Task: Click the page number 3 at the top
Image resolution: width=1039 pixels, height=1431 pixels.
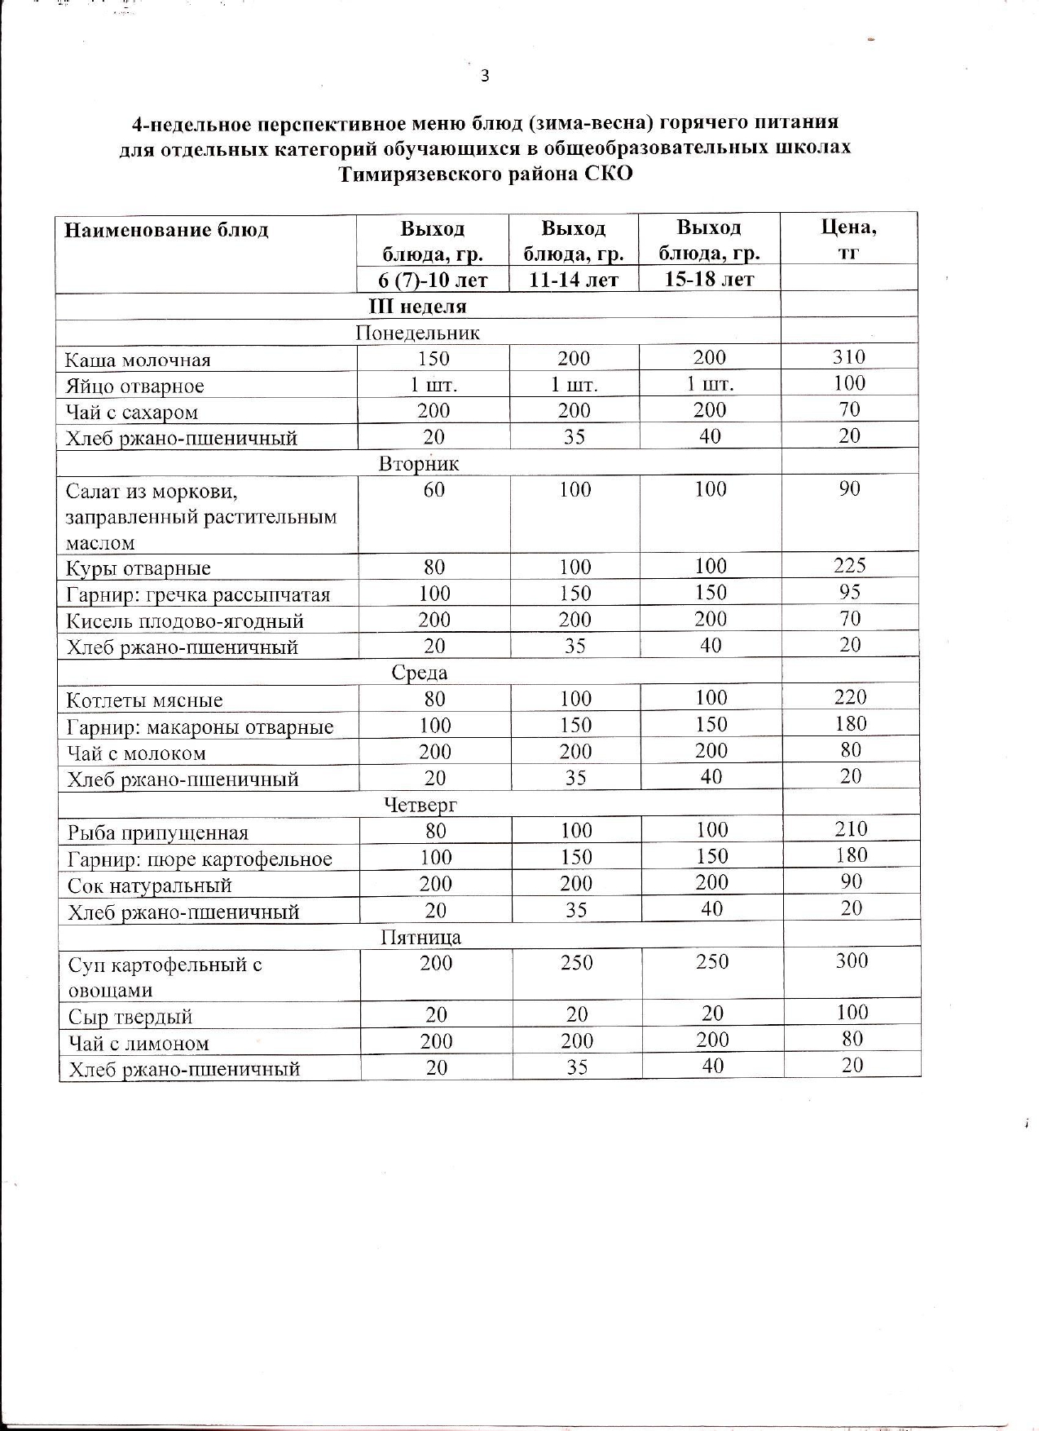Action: point(486,77)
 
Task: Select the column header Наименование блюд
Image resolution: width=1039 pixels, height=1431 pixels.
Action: point(166,230)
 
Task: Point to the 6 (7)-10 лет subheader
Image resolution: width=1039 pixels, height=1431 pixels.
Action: point(433,280)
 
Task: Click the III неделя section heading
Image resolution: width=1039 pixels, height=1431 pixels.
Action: point(418,307)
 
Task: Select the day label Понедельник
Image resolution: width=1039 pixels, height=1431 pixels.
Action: point(418,333)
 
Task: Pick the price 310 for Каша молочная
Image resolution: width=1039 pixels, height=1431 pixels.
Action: point(849,357)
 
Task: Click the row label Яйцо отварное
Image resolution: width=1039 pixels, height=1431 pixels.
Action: point(134,386)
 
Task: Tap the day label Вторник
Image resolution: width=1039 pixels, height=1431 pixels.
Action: point(419,464)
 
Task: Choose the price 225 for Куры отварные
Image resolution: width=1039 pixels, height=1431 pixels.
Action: point(850,566)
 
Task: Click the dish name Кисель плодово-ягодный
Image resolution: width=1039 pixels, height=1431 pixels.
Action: point(185,621)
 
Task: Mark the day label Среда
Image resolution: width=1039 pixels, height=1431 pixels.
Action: point(419,673)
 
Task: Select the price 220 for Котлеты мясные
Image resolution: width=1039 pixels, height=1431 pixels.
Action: point(851,697)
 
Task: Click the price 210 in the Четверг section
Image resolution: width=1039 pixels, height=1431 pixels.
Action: point(852,829)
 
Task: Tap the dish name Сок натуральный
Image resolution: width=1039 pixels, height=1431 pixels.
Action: point(150,886)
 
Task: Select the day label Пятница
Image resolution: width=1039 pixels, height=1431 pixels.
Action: point(420,938)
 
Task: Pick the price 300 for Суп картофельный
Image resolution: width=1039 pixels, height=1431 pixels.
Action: point(852,961)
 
